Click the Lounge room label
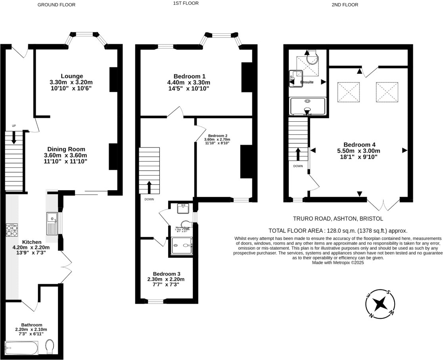point(72,76)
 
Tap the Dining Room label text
point(65,149)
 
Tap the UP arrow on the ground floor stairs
point(14,137)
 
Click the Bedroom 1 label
point(189,76)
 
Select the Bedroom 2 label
point(217,135)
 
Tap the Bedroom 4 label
point(359,145)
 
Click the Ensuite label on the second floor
point(307,82)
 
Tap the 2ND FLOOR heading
point(344,5)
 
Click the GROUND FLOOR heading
point(56,5)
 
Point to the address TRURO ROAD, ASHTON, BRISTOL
point(338,218)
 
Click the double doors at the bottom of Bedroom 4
point(383,204)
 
